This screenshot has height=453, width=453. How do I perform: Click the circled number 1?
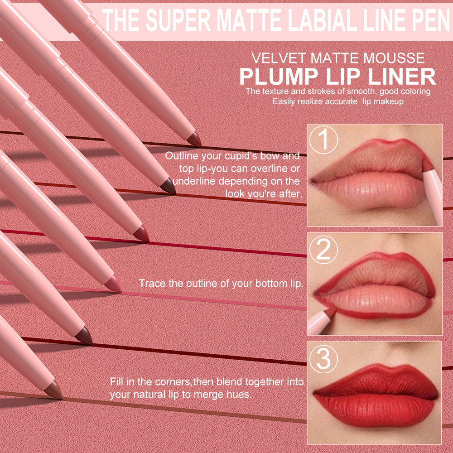324,140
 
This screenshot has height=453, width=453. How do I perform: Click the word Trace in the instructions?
152,284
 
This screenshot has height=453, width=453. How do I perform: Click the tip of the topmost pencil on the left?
195,140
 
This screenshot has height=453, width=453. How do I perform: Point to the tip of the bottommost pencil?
56,390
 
